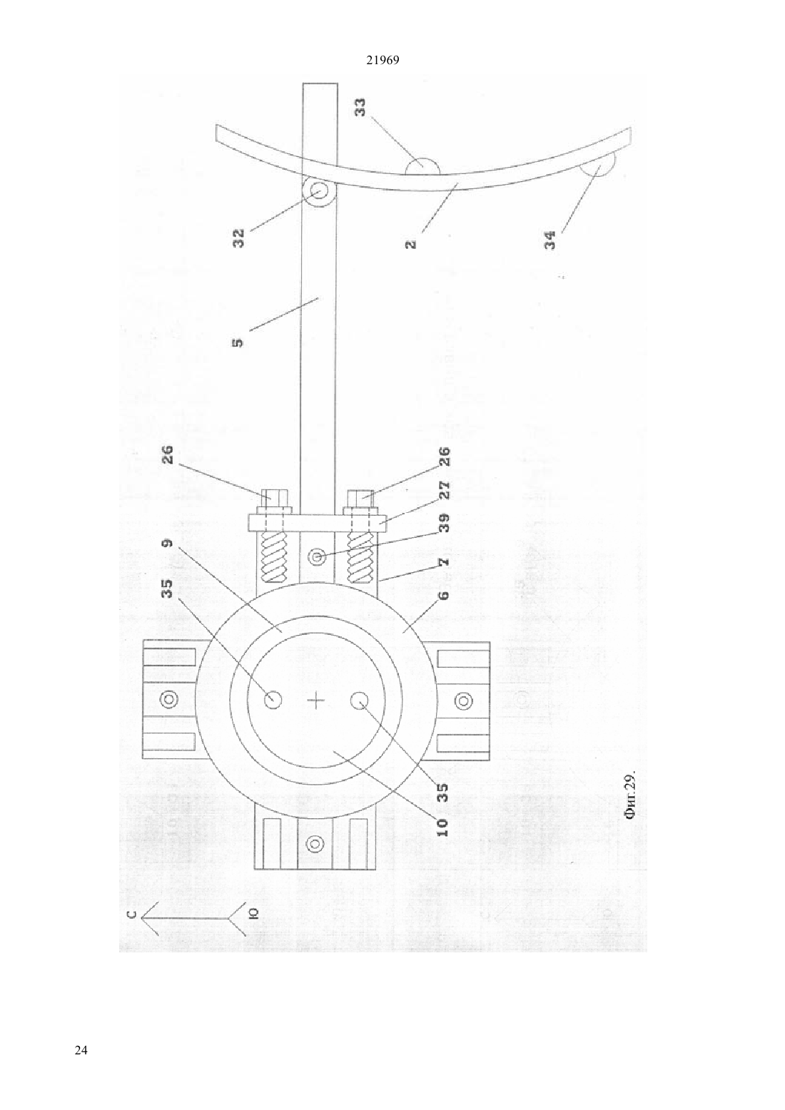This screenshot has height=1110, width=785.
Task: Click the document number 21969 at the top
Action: [383, 61]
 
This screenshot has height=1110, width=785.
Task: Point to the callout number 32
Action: [238, 238]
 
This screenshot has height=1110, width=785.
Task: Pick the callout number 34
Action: [550, 240]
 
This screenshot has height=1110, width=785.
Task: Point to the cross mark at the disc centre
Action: [315, 701]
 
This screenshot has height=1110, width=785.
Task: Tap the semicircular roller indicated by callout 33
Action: [422, 167]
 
